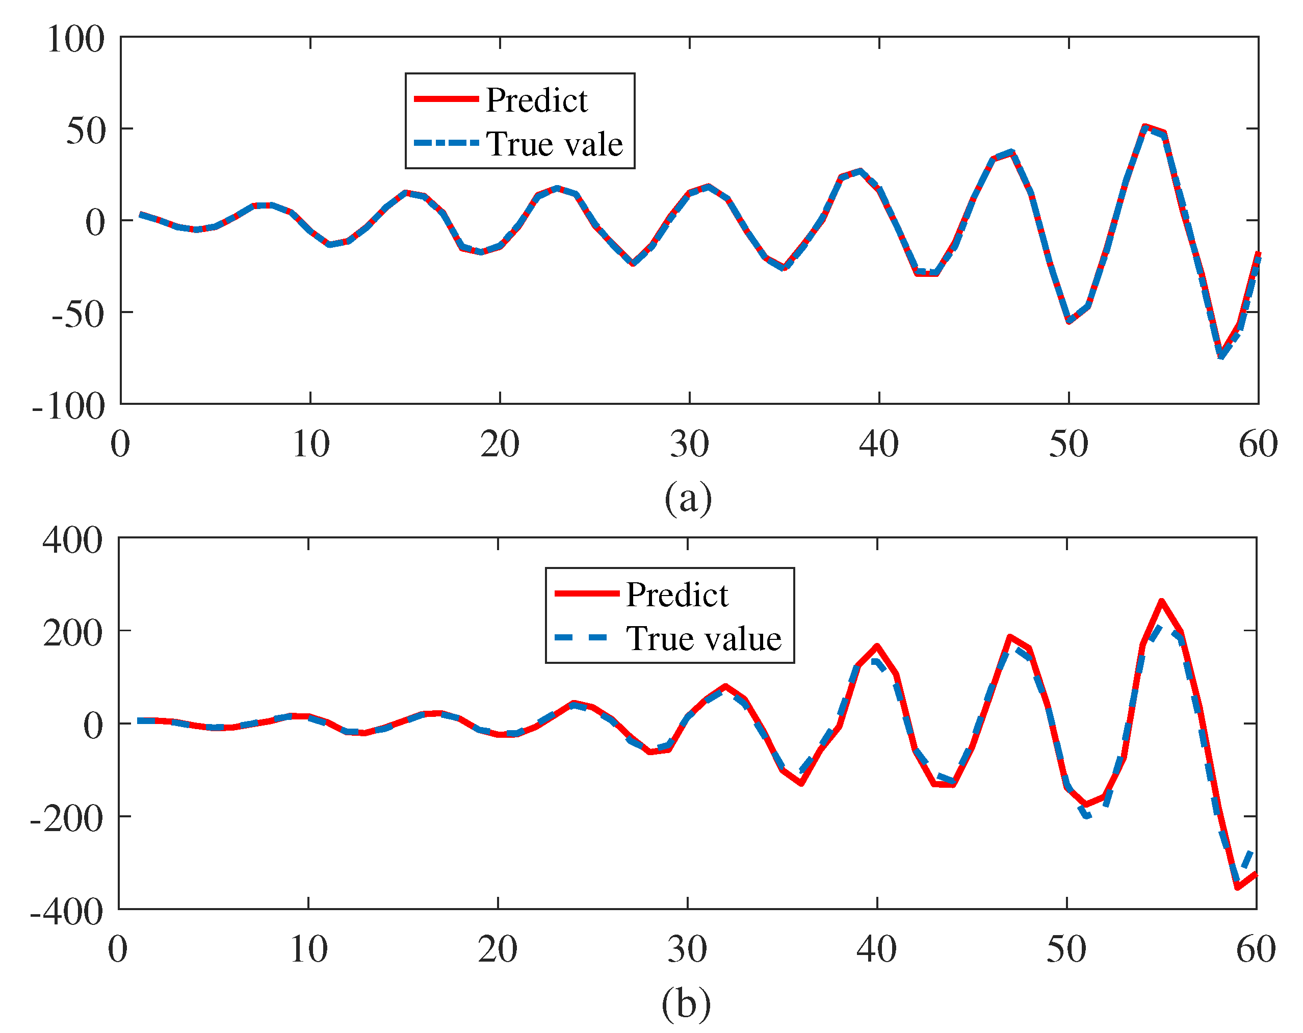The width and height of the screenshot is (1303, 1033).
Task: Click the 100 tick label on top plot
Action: [x=75, y=40]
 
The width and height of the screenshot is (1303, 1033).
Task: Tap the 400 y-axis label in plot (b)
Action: [x=72, y=540]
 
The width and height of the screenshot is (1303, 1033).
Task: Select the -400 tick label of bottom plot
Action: [x=66, y=912]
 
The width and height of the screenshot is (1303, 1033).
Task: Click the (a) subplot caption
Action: [x=688, y=498]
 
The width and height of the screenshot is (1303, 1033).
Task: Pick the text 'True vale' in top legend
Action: [x=554, y=144]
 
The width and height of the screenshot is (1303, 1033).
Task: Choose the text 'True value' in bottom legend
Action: [x=703, y=639]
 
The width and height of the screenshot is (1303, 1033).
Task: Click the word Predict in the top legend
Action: [x=536, y=100]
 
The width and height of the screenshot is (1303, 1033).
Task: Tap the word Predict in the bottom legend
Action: [x=676, y=595]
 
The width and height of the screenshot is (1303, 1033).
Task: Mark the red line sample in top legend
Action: [x=446, y=98]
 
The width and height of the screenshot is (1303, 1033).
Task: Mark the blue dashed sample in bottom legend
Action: [x=581, y=638]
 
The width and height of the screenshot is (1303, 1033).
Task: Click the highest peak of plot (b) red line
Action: [x=1161, y=602]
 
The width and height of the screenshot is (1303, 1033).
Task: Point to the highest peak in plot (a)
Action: [x=1144, y=126]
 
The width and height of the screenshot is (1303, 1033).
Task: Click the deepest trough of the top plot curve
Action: [x=1221, y=355]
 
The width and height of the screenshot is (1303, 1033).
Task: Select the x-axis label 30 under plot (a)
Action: [x=689, y=444]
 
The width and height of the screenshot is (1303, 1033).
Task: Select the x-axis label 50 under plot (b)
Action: [x=1066, y=949]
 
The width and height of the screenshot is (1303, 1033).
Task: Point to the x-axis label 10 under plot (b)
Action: [x=308, y=949]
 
